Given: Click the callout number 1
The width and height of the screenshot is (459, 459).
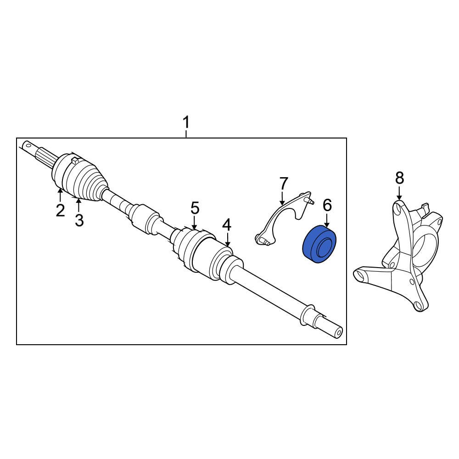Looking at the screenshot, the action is point(186,123).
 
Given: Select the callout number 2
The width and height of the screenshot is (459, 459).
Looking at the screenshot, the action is point(60,210).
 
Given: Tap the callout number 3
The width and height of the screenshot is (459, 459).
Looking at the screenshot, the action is point(79,220).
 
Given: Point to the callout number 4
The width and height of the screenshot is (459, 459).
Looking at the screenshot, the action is point(227,225).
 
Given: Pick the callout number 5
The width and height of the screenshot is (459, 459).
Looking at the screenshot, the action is point(195,208).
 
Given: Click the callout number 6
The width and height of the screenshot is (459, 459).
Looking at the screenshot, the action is point(327,205).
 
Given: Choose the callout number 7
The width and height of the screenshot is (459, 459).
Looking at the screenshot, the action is point(283,184).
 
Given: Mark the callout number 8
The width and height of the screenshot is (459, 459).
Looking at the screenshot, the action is point(399,178).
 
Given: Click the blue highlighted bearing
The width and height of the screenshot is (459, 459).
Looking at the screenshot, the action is point(319,244).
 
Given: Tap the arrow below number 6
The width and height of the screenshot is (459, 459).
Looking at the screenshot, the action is point(327,219).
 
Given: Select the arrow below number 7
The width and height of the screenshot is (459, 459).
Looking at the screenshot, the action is point(282,197).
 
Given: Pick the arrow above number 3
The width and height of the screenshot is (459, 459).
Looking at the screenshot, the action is point(78,205).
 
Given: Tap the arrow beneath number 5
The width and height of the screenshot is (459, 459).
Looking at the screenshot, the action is point(194,222).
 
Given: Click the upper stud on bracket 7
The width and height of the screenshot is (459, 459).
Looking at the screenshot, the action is point(308,200).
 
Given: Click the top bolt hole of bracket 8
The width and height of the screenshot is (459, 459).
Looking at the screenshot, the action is point(397,209).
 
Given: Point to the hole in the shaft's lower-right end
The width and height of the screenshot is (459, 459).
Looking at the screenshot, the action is point(339,333).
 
